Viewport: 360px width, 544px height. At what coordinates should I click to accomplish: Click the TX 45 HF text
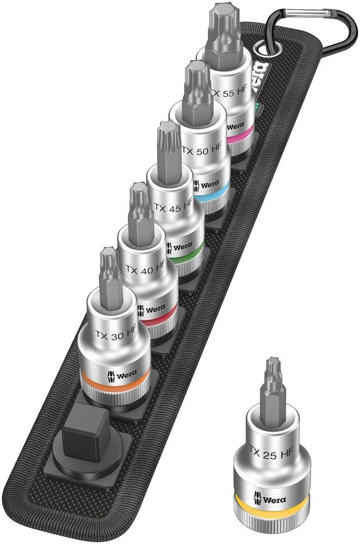point(173,207)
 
